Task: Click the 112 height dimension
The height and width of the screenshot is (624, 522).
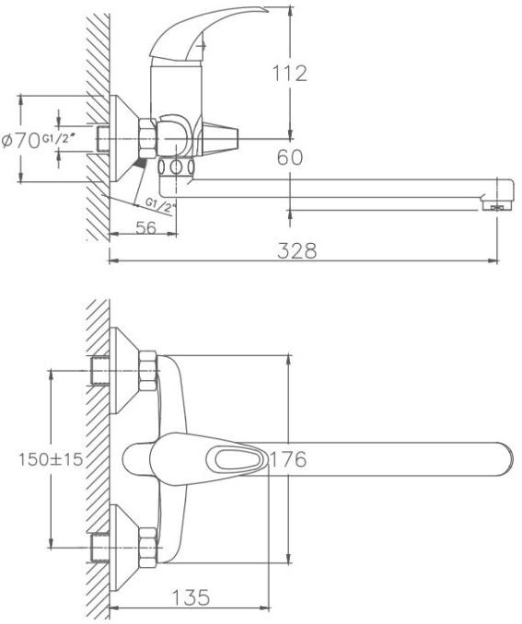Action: (x=289, y=74)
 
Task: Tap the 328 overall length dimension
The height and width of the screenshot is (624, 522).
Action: (x=297, y=250)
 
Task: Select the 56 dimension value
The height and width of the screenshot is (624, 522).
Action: (x=146, y=228)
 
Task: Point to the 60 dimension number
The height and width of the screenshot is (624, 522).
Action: (x=290, y=157)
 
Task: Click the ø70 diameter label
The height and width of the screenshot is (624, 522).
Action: (x=20, y=141)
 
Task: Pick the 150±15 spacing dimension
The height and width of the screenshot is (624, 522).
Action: (x=51, y=459)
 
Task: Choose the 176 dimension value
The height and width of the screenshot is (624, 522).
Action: (x=289, y=459)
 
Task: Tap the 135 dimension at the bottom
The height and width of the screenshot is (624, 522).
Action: (x=191, y=597)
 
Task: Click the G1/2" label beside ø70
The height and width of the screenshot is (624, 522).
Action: (x=59, y=138)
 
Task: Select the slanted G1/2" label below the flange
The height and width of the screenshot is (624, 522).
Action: (x=160, y=205)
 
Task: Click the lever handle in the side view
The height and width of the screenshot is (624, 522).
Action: (x=203, y=34)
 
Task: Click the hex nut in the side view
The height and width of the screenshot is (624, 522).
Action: (x=146, y=138)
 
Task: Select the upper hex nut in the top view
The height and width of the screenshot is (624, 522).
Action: (x=147, y=370)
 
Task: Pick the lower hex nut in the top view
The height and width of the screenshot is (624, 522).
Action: (x=147, y=548)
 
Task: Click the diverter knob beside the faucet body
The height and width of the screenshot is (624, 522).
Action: (x=220, y=139)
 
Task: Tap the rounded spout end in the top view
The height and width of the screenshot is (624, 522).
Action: (x=505, y=459)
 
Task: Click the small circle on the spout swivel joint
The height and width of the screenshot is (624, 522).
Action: (x=176, y=168)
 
